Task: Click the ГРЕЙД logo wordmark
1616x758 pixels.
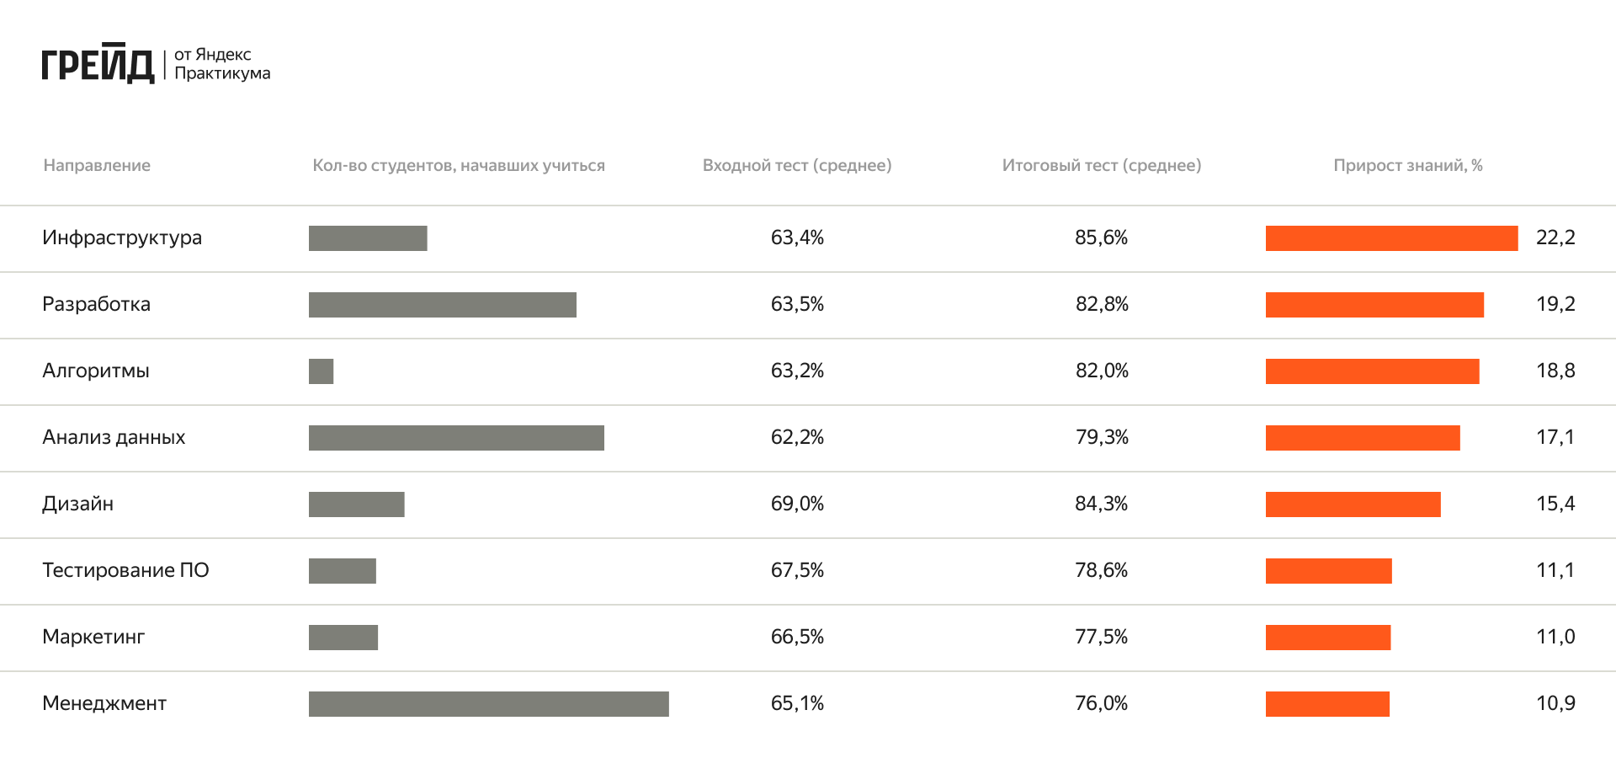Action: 98,64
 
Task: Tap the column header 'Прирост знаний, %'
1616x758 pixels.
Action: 1407,166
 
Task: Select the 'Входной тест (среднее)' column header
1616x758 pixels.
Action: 796,166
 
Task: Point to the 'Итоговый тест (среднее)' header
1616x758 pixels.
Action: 1101,166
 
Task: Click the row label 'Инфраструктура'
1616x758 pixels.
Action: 122,238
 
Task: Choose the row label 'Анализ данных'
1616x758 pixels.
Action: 114,437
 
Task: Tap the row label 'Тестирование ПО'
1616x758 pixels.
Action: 125,570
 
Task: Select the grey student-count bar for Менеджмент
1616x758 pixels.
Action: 488,704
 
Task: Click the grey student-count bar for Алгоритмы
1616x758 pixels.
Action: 321,371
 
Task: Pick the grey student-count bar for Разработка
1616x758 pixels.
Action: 442,305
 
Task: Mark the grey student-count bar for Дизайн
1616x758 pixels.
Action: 356,504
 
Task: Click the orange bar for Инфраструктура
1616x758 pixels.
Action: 1391,238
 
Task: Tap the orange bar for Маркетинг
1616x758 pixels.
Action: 1327,638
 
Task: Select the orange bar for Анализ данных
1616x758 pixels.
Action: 1362,438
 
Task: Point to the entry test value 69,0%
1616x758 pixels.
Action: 796,504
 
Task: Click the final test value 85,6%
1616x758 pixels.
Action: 1101,238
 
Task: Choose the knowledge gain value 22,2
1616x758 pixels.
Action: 1555,238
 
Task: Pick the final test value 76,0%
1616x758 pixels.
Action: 1101,703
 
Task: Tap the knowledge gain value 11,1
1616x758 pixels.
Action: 1555,570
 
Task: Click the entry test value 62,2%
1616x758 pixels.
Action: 796,437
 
